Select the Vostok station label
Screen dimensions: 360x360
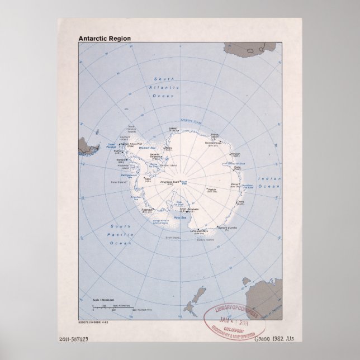click(x=211, y=191)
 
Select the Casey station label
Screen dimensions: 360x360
click(x=241, y=202)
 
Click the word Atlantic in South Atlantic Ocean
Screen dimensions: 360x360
click(x=167, y=88)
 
